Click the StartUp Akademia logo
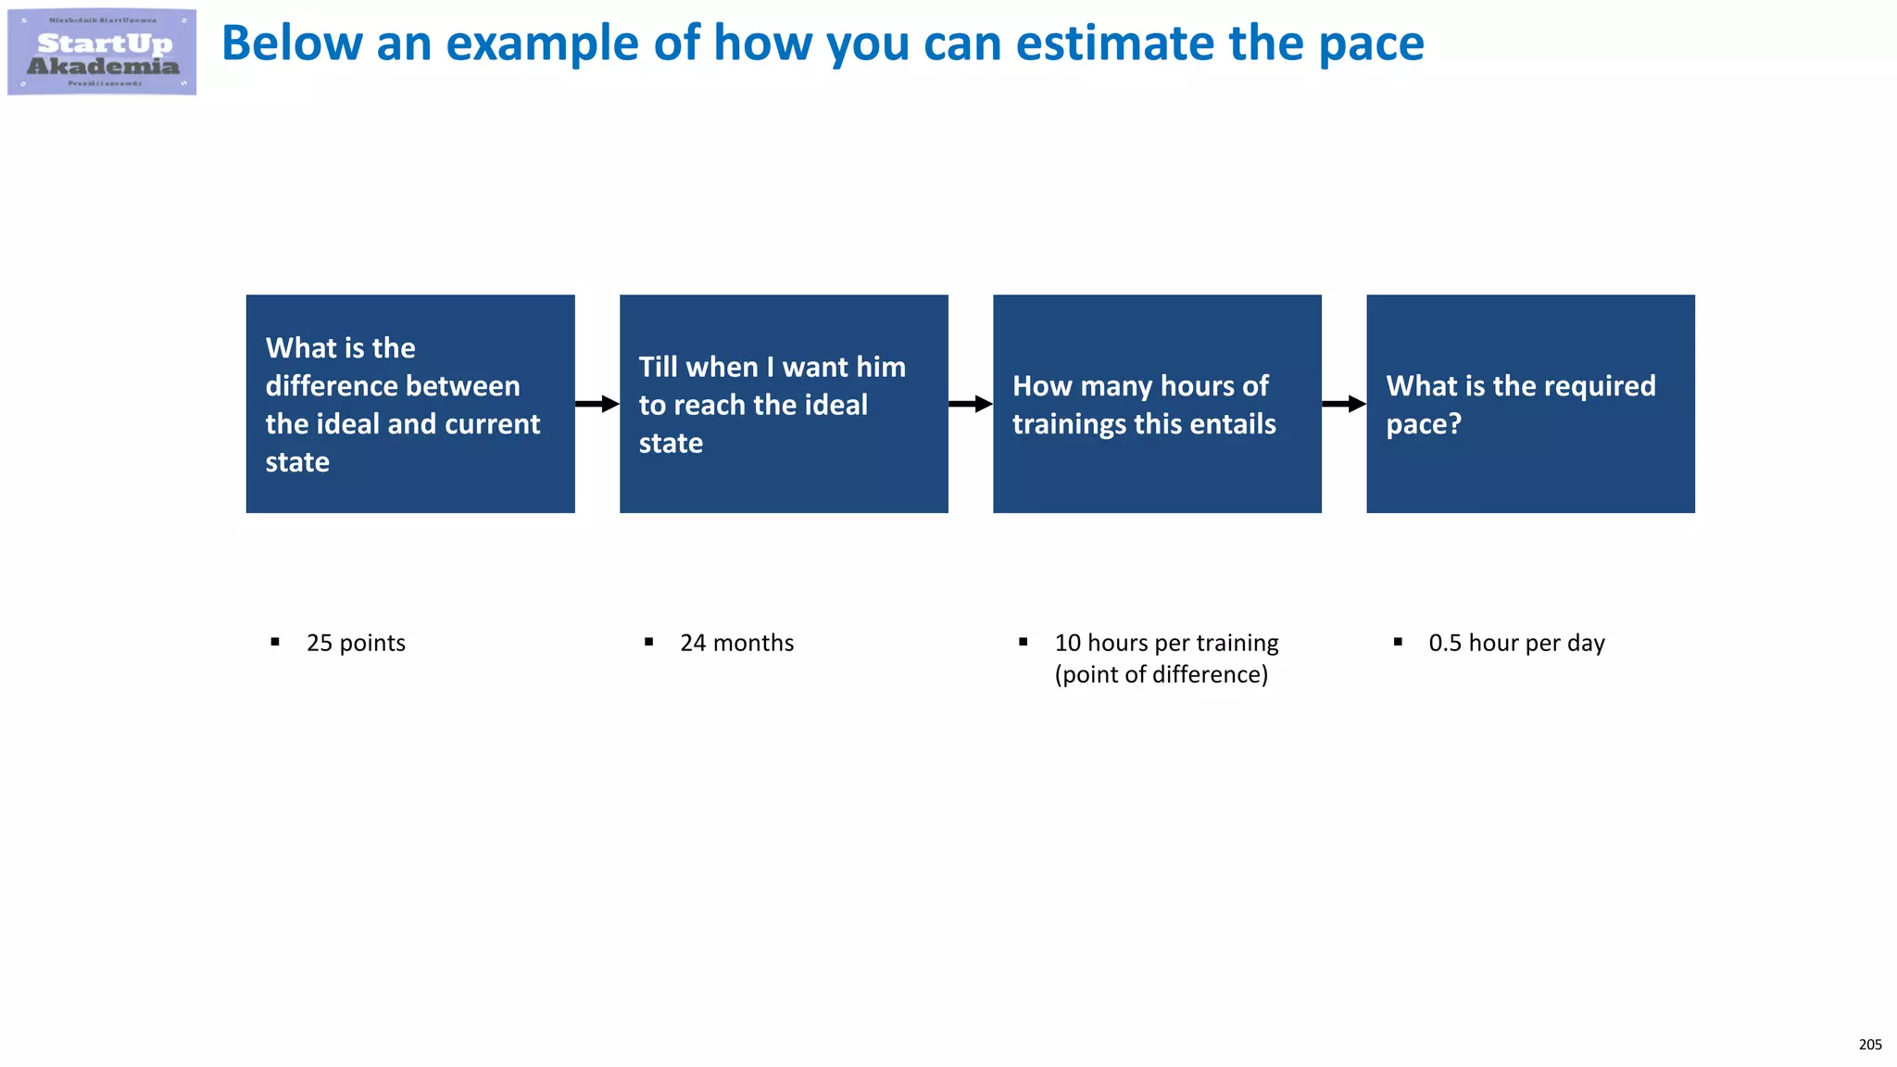(x=102, y=52)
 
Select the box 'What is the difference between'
(x=410, y=404)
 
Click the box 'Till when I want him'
(x=784, y=404)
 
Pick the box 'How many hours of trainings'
(x=1157, y=404)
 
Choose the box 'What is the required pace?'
(x=1530, y=404)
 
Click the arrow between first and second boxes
(x=597, y=404)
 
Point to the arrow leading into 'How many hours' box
(x=970, y=404)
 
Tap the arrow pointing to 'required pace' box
(x=1343, y=404)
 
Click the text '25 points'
(x=356, y=643)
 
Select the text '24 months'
(x=736, y=643)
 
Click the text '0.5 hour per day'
(x=1516, y=643)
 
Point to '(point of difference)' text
(x=1161, y=674)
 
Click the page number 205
(x=1869, y=1045)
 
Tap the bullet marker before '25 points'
(x=275, y=642)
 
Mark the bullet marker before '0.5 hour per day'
(x=1398, y=642)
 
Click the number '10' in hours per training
(x=1067, y=643)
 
